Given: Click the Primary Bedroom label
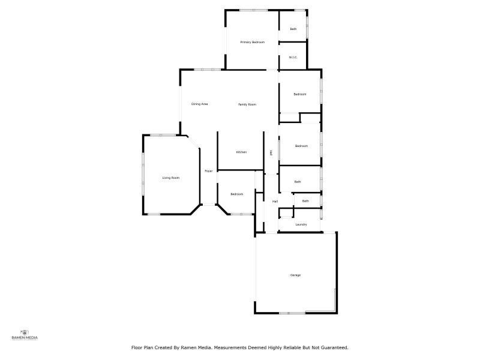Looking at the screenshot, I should (x=252, y=42).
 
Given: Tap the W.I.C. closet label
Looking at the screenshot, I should (x=293, y=58).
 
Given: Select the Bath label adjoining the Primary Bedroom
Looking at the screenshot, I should (x=293, y=29).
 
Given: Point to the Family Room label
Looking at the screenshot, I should (x=247, y=104).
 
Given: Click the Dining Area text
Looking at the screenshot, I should (x=199, y=104).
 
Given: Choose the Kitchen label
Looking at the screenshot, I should (x=241, y=152).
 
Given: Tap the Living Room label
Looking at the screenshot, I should (x=171, y=178).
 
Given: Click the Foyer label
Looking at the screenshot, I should (x=209, y=171).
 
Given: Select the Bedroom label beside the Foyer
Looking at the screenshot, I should (x=237, y=194).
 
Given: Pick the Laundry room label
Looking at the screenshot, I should (x=301, y=224).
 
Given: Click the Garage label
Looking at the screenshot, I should (x=295, y=275).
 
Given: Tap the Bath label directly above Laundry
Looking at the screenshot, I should (x=305, y=201).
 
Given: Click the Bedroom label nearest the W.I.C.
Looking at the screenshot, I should (x=300, y=94).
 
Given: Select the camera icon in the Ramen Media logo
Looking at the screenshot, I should (x=25, y=332).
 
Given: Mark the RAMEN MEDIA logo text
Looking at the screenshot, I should (x=25, y=338).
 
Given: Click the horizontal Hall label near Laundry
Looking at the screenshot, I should (x=275, y=201).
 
